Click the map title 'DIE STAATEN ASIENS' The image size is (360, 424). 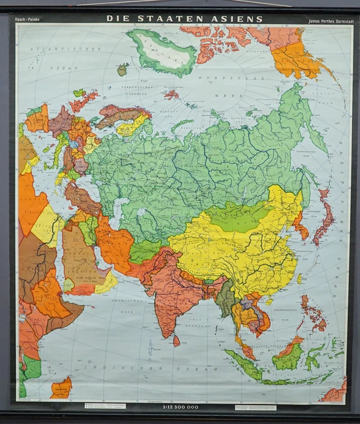[184, 19]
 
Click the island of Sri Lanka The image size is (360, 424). [176, 341]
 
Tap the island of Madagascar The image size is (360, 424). [61, 388]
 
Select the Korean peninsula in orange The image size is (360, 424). [300, 225]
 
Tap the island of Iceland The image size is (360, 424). [122, 69]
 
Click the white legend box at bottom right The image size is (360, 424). [255, 407]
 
